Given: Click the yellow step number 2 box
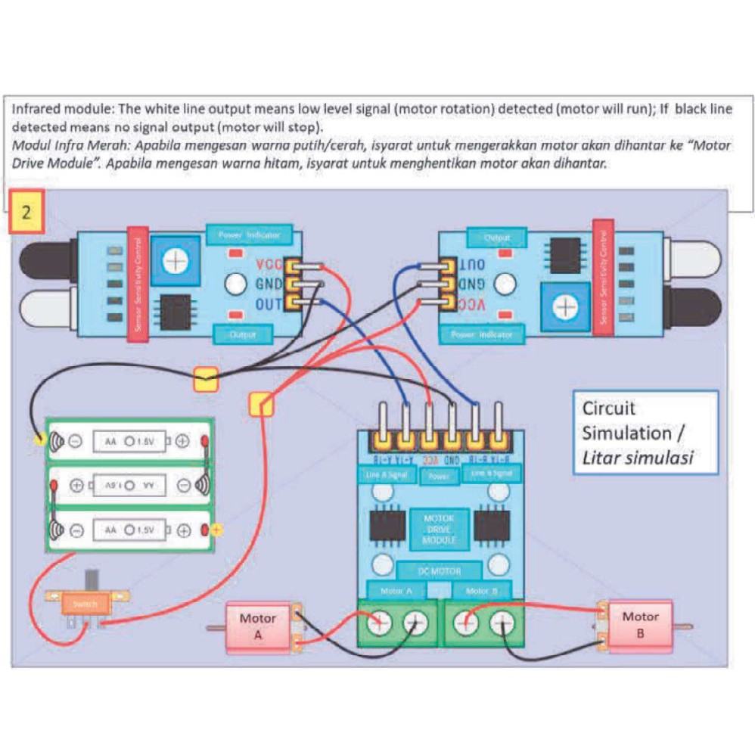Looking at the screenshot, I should click(26, 211).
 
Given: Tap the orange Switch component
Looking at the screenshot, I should click(85, 604).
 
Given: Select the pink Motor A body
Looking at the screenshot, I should click(258, 627).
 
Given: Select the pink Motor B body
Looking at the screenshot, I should click(640, 625).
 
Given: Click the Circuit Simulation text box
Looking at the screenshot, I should click(645, 433).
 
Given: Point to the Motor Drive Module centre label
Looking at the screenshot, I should click(439, 529).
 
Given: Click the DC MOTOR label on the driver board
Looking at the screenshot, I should click(440, 570).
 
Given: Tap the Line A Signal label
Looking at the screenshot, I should click(386, 475).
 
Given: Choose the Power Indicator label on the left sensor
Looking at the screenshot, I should click(249, 235).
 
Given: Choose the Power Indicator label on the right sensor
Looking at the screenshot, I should click(482, 334).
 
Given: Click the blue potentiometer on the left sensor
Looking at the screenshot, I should click(176, 261).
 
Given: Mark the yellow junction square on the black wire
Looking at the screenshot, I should click(206, 379).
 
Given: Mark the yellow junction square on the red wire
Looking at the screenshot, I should click(261, 404).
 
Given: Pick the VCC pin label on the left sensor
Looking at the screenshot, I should click(268, 266).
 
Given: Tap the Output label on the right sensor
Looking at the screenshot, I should click(496, 238).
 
